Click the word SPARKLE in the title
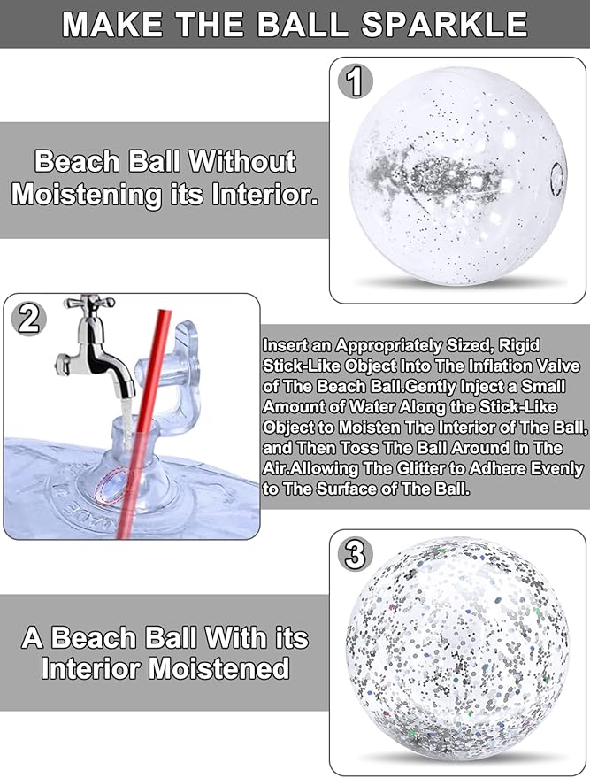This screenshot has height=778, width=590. point(444,25)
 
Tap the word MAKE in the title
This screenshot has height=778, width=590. point(112,25)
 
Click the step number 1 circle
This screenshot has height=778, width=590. point(356,81)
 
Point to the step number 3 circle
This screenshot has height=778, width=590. point(355,555)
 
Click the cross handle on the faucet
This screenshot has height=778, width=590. point(91,302)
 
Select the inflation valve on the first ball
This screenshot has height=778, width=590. point(557,179)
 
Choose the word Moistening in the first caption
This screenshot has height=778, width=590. point(87,194)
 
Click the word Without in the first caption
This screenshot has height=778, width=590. point(242,161)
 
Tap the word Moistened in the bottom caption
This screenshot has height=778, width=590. point(218,668)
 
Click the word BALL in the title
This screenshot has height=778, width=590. point(303,25)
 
